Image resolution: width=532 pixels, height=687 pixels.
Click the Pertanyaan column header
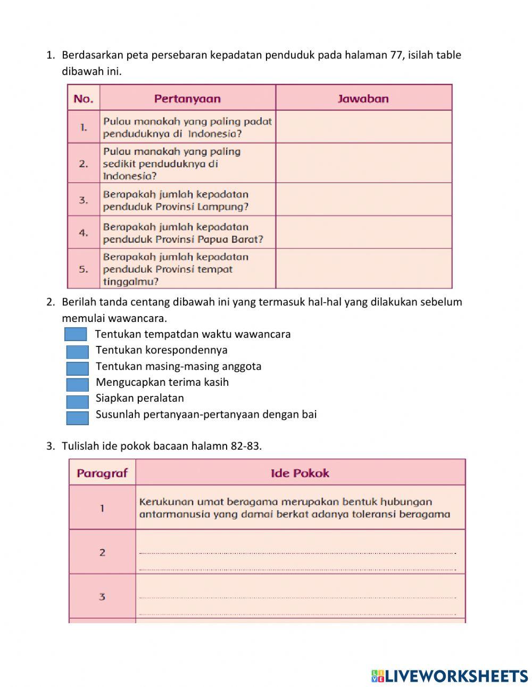pyautogui.click(x=187, y=98)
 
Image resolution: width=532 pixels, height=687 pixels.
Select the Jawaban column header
pyautogui.click(x=363, y=98)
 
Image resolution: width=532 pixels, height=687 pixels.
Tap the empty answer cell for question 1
pyautogui.click(x=363, y=127)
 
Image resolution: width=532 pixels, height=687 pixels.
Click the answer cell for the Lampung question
pyautogui.click(x=363, y=200)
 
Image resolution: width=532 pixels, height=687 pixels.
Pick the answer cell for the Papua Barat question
pyautogui.click(x=363, y=233)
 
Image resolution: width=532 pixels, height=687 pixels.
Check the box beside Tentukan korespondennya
pyautogui.click(x=77, y=352)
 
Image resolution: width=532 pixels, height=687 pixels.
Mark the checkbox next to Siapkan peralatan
pyautogui.click(x=77, y=401)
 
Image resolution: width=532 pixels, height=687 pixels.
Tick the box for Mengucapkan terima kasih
pyautogui.click(x=77, y=384)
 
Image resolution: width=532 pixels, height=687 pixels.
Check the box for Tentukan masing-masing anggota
pyautogui.click(x=77, y=368)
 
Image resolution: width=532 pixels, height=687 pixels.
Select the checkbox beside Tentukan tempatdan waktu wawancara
pyautogui.click(x=76, y=334)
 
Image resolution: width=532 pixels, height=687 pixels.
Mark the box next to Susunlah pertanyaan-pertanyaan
pyautogui.click(x=77, y=418)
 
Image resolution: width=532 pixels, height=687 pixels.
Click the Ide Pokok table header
pyautogui.click(x=300, y=473)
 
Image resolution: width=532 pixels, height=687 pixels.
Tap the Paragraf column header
pyautogui.click(x=102, y=473)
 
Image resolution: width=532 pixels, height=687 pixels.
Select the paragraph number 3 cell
pyautogui.click(x=102, y=597)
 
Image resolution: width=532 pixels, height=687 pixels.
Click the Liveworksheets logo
pyautogui.click(x=450, y=676)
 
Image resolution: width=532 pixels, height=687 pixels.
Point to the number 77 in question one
pyautogui.click(x=396, y=55)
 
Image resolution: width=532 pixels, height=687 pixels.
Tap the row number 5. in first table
pyautogui.click(x=84, y=269)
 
